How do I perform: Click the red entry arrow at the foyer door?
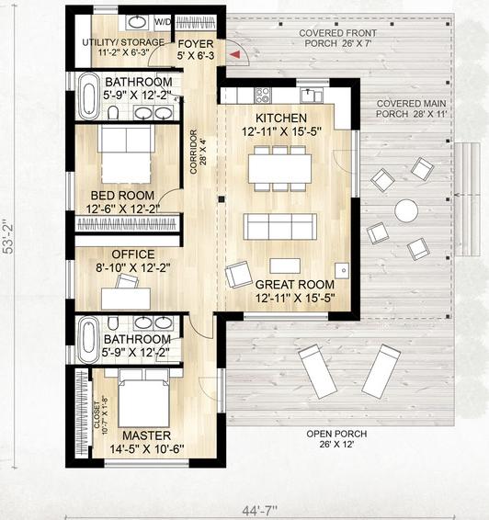click(235, 55)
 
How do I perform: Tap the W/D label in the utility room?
click(163, 22)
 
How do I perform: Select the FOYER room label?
click(196, 44)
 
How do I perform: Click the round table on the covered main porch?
click(406, 210)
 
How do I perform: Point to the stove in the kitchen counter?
click(263, 95)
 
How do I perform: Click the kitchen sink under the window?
click(312, 96)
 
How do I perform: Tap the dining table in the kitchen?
click(279, 168)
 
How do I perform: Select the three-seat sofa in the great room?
click(280, 227)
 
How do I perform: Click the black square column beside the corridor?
click(222, 199)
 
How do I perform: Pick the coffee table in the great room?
click(285, 266)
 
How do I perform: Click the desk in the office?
click(126, 299)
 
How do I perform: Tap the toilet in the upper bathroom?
click(113, 113)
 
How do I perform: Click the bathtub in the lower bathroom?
click(88, 341)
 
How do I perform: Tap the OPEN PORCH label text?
click(336, 434)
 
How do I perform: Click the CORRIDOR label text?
click(193, 152)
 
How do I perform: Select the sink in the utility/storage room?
click(137, 23)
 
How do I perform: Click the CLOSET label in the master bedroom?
click(97, 415)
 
